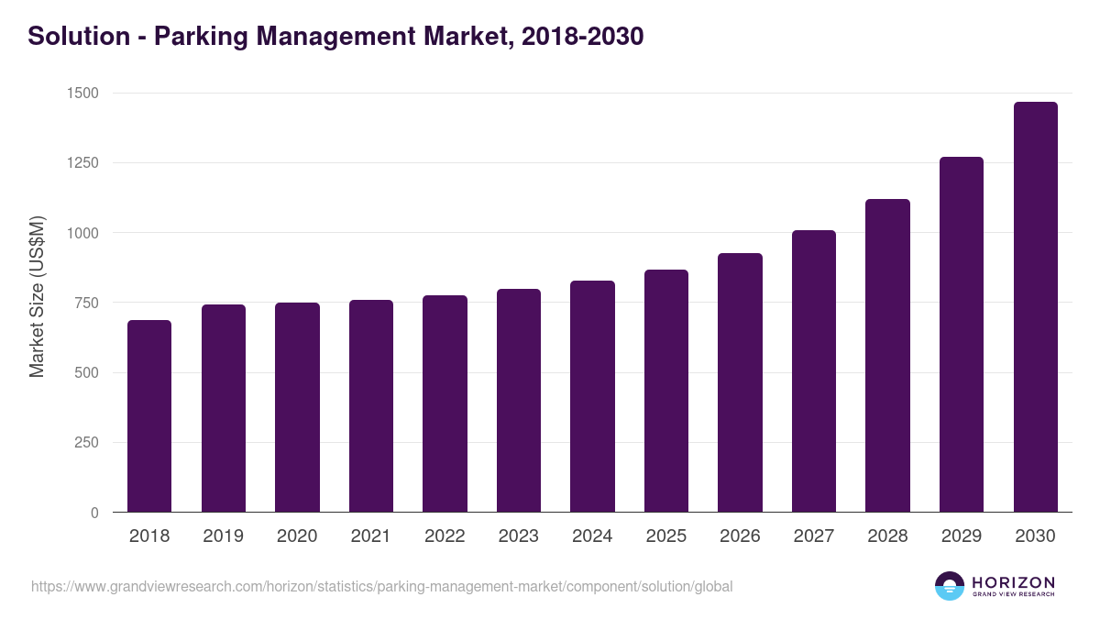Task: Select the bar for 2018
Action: click(149, 416)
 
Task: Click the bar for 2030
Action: click(1035, 307)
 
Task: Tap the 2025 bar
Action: click(665, 391)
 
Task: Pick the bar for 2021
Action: click(371, 406)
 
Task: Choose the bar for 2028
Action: click(887, 356)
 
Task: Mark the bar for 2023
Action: click(519, 401)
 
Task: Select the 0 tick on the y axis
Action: click(94, 513)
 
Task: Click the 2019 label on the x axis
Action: click(224, 536)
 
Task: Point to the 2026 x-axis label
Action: click(740, 536)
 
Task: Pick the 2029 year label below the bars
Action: click(962, 536)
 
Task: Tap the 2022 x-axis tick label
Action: click(445, 536)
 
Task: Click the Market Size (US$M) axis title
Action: click(37, 295)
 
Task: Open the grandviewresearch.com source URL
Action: click(381, 586)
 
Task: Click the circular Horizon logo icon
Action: click(950, 586)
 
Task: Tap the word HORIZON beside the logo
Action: click(1013, 581)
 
